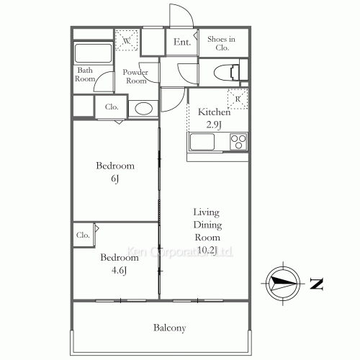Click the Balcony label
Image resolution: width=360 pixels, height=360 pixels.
point(170,328)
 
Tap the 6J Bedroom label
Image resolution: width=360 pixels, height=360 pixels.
point(115,172)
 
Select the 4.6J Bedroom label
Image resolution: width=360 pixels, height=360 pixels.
point(115,264)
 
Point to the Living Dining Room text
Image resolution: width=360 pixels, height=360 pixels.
point(207,231)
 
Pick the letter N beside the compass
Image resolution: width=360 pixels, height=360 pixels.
point(316,283)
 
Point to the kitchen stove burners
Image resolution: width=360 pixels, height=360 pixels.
point(238,141)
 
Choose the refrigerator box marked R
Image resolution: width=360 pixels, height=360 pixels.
point(237,99)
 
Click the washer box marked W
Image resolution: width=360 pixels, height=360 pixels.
point(127,41)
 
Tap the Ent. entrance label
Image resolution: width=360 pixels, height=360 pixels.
point(182,42)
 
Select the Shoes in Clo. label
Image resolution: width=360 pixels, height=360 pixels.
point(222,43)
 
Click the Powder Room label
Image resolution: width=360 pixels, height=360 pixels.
point(135,76)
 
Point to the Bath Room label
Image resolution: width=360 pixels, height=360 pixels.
point(86,73)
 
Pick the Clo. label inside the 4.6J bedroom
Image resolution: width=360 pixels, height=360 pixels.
point(83,235)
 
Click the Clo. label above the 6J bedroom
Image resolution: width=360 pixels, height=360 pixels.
point(112,107)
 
